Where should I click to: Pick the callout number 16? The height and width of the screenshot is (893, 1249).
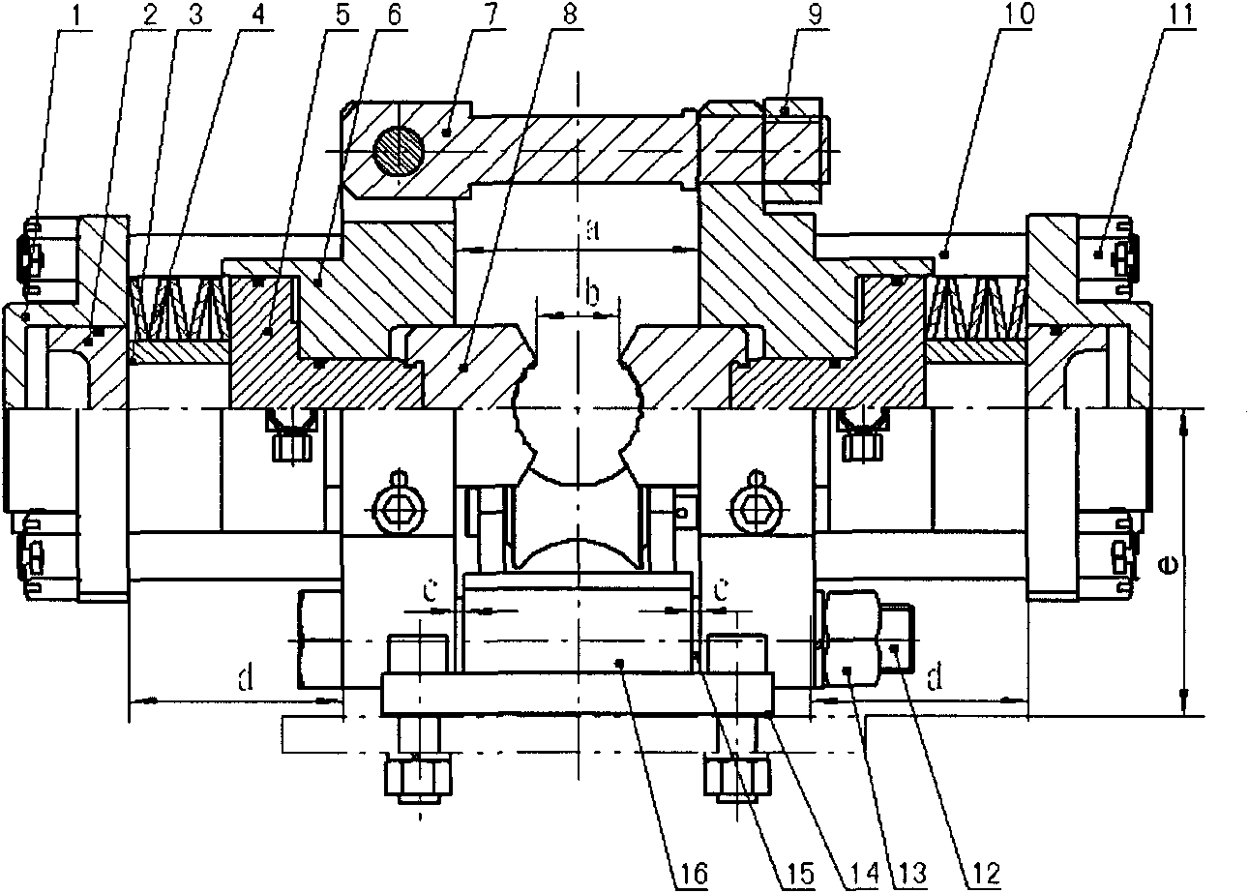pyautogui.click(x=692, y=874)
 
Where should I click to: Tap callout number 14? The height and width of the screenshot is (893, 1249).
pyautogui.click(x=862, y=874)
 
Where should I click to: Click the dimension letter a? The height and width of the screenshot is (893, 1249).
pyautogui.click(x=593, y=230)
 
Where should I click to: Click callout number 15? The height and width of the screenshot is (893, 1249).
pyautogui.click(x=799, y=874)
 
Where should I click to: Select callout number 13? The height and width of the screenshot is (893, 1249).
pyautogui.click(x=911, y=874)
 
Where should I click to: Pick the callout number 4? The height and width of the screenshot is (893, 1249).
pyautogui.click(x=257, y=15)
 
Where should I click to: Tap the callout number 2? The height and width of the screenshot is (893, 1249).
pyautogui.click(x=149, y=15)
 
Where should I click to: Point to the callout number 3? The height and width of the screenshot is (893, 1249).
pyautogui.click(x=195, y=15)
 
